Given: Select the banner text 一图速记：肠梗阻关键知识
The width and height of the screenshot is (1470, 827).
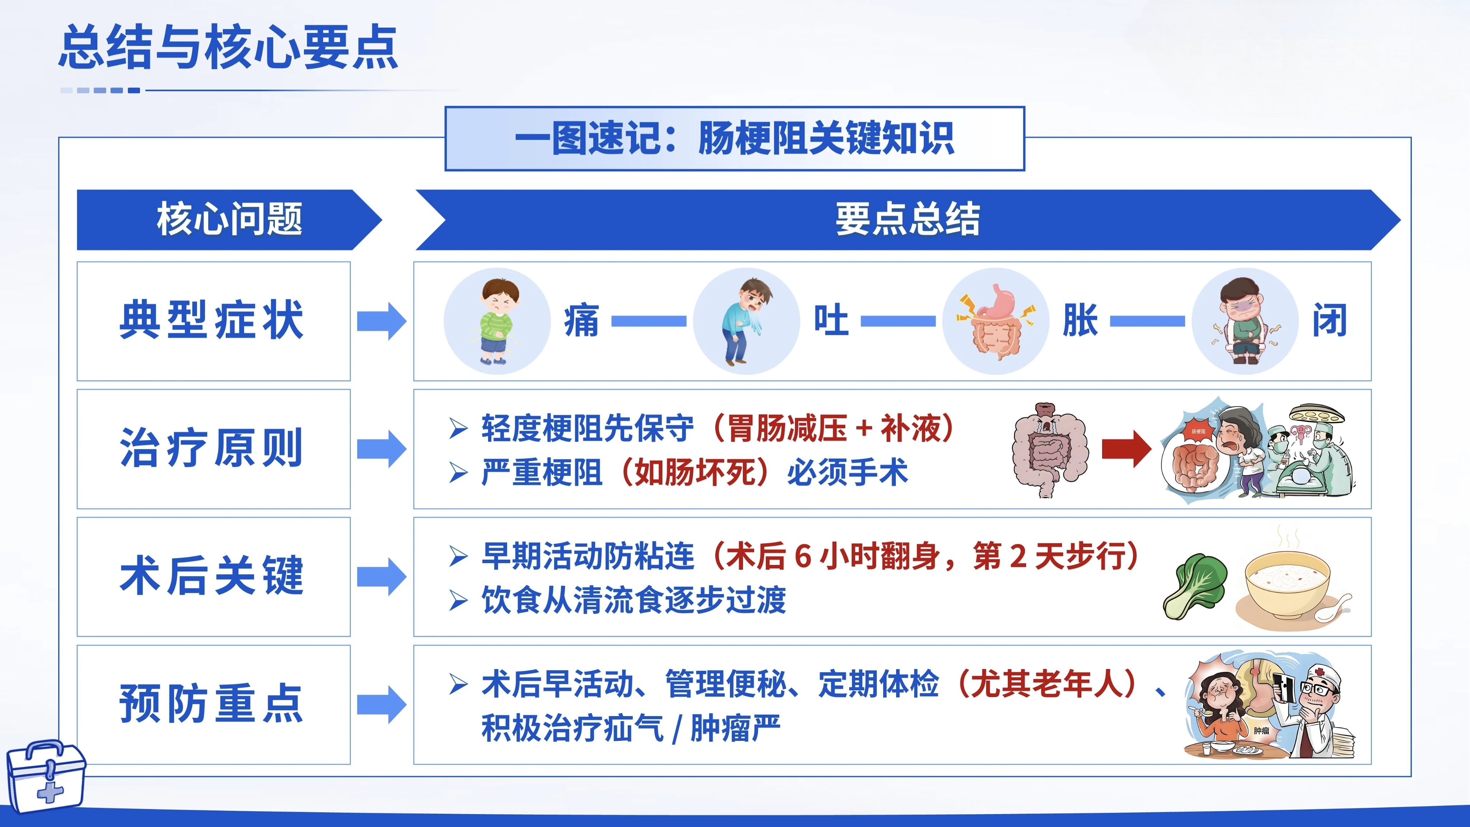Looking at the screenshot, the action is (734, 138).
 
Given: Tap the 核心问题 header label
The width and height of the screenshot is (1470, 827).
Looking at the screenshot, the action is (229, 219).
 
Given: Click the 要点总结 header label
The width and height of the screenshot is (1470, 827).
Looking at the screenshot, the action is (907, 219).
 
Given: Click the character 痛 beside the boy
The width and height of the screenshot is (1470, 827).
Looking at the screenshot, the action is (581, 321).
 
